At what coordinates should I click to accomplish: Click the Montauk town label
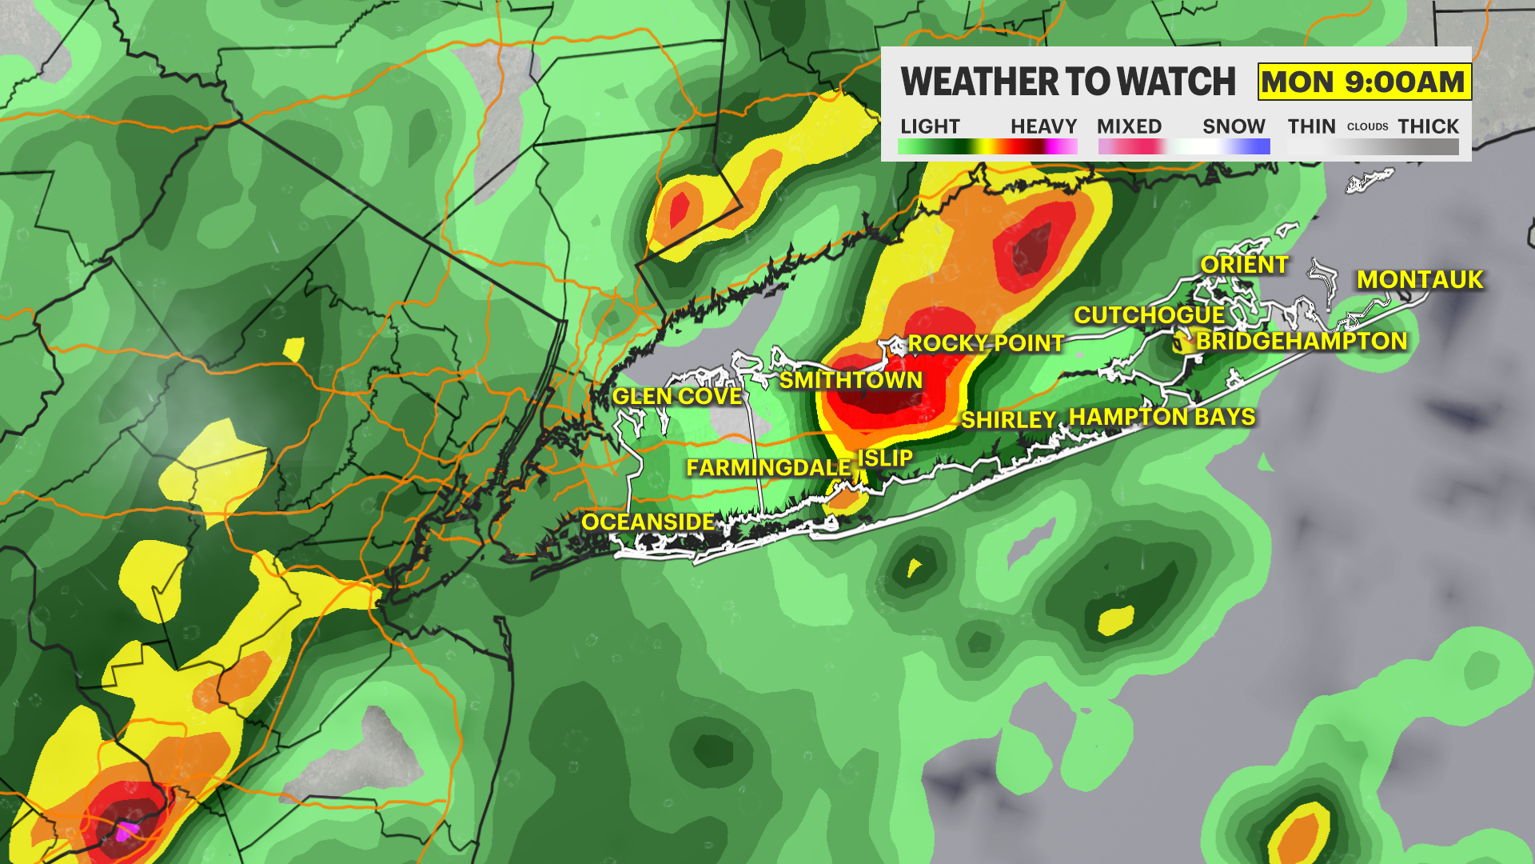pyautogui.click(x=1420, y=279)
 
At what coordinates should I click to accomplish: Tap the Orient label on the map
pyautogui.click(x=1244, y=265)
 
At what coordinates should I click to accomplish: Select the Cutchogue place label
pyautogui.click(x=1149, y=315)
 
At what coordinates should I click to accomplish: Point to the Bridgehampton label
pyautogui.click(x=1301, y=341)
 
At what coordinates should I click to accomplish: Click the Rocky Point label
pyautogui.click(x=985, y=343)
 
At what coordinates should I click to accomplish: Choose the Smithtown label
pyautogui.click(x=851, y=380)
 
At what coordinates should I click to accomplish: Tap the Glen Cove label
pyautogui.click(x=676, y=396)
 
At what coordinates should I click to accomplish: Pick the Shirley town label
pyautogui.click(x=1008, y=420)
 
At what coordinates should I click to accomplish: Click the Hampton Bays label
pyautogui.click(x=1162, y=417)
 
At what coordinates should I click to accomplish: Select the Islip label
pyautogui.click(x=885, y=458)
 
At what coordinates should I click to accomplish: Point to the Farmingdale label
pyautogui.click(x=768, y=467)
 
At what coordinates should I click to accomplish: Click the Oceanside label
pyautogui.click(x=648, y=522)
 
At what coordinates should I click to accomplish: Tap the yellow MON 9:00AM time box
pyautogui.click(x=1363, y=82)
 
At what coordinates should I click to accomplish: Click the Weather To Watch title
pyautogui.click(x=1068, y=82)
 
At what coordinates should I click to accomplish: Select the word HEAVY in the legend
pyautogui.click(x=1043, y=126)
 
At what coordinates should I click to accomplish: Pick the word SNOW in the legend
pyautogui.click(x=1234, y=126)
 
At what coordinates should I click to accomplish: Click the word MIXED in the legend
pyautogui.click(x=1129, y=126)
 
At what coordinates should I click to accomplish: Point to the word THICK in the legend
pyautogui.click(x=1428, y=126)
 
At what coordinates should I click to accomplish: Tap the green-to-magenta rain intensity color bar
pyautogui.click(x=987, y=146)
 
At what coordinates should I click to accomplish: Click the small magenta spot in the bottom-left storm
pyautogui.click(x=125, y=831)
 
